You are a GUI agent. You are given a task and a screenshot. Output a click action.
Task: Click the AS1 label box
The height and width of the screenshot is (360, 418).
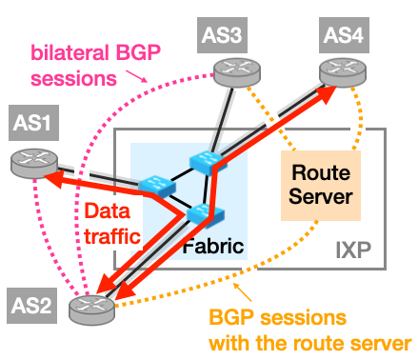(33, 123)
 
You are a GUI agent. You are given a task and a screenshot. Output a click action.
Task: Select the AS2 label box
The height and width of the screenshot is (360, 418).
(32, 306)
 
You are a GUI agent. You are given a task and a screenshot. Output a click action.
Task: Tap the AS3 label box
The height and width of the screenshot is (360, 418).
(222, 35)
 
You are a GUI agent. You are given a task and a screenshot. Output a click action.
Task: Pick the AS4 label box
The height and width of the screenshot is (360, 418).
(344, 35)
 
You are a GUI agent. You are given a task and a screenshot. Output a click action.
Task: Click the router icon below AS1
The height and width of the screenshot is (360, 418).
(34, 163)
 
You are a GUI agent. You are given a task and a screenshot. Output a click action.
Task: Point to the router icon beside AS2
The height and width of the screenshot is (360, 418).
(92, 310)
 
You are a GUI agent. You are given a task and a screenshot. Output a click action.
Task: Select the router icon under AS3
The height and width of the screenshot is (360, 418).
(237, 72)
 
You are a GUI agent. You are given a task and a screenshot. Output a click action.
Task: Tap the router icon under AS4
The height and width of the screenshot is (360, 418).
(343, 72)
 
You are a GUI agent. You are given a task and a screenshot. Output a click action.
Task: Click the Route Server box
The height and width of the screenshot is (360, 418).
(321, 186)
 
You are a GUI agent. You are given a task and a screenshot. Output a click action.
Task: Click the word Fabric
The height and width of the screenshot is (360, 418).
(213, 246)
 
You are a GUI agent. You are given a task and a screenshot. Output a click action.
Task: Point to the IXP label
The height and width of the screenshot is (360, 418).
(353, 250)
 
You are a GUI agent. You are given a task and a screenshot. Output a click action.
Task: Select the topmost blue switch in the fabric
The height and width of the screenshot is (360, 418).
(207, 163)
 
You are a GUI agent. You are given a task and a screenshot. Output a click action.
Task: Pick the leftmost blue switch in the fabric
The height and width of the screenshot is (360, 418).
(156, 188)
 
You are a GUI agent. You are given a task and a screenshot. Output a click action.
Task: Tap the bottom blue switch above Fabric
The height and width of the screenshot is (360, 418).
(205, 214)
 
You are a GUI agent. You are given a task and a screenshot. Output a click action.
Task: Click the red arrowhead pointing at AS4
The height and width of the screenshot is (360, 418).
(325, 94)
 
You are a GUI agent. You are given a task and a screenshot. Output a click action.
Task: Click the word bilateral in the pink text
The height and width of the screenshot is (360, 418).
(70, 52)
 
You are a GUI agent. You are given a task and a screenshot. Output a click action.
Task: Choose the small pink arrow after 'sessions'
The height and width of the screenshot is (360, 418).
(137, 76)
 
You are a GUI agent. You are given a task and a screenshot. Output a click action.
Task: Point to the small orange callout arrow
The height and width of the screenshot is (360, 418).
(243, 291)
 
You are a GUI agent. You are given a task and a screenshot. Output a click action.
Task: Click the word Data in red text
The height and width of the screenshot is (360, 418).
(108, 210)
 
